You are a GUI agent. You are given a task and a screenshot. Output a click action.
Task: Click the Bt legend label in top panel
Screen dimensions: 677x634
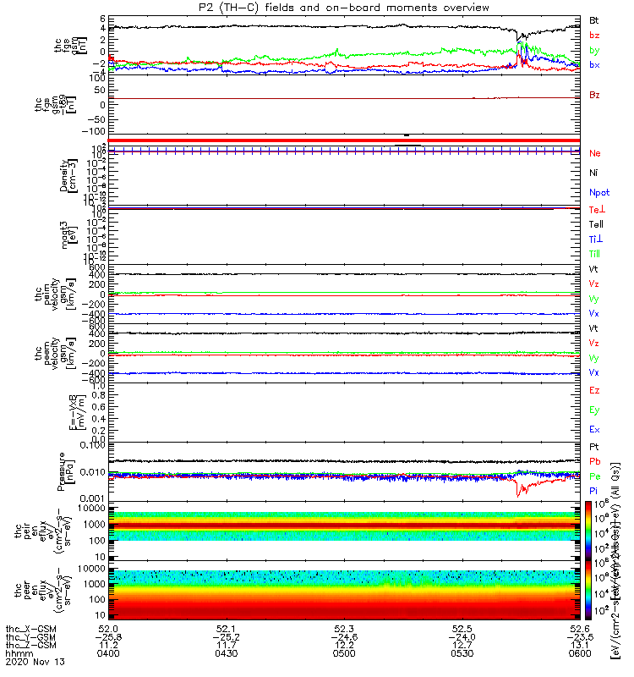[x=594, y=19]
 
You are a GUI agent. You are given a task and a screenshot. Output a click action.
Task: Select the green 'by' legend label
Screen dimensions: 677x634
[x=595, y=51]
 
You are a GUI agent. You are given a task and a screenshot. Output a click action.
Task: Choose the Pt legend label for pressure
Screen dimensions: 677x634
[x=594, y=446]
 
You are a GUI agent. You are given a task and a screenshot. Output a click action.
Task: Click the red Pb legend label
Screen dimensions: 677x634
[x=595, y=461]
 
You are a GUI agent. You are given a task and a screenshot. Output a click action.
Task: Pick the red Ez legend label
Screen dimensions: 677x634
[x=594, y=391]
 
